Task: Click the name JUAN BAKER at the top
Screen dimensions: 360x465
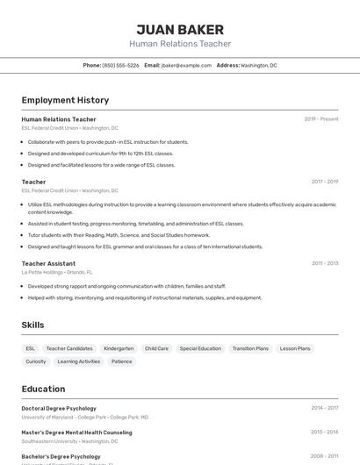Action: pos(180,29)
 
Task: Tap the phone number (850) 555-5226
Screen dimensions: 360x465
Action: pos(120,65)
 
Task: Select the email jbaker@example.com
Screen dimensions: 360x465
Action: pos(186,65)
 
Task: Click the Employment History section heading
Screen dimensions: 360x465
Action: pos(65,100)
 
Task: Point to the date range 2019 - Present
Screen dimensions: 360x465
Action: pos(321,119)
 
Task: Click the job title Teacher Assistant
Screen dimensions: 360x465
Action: pos(48,263)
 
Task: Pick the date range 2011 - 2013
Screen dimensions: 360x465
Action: pos(325,263)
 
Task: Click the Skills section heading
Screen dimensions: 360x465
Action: pos(32,325)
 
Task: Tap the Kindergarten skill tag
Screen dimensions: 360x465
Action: pos(119,348)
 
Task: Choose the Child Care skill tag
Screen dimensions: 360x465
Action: pos(157,348)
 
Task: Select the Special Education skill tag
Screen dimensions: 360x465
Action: pos(200,348)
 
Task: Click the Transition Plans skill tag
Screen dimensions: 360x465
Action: pos(250,348)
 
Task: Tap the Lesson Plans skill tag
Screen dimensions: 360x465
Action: pos(295,348)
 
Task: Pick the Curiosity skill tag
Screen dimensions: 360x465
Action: pos(36,361)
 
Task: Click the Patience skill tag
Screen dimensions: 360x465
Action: pos(122,361)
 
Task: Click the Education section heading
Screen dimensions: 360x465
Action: pos(43,389)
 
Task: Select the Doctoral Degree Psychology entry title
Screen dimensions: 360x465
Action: pos(59,408)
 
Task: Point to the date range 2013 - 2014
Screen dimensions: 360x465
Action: pos(325,433)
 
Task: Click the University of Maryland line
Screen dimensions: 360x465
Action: pos(84,417)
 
